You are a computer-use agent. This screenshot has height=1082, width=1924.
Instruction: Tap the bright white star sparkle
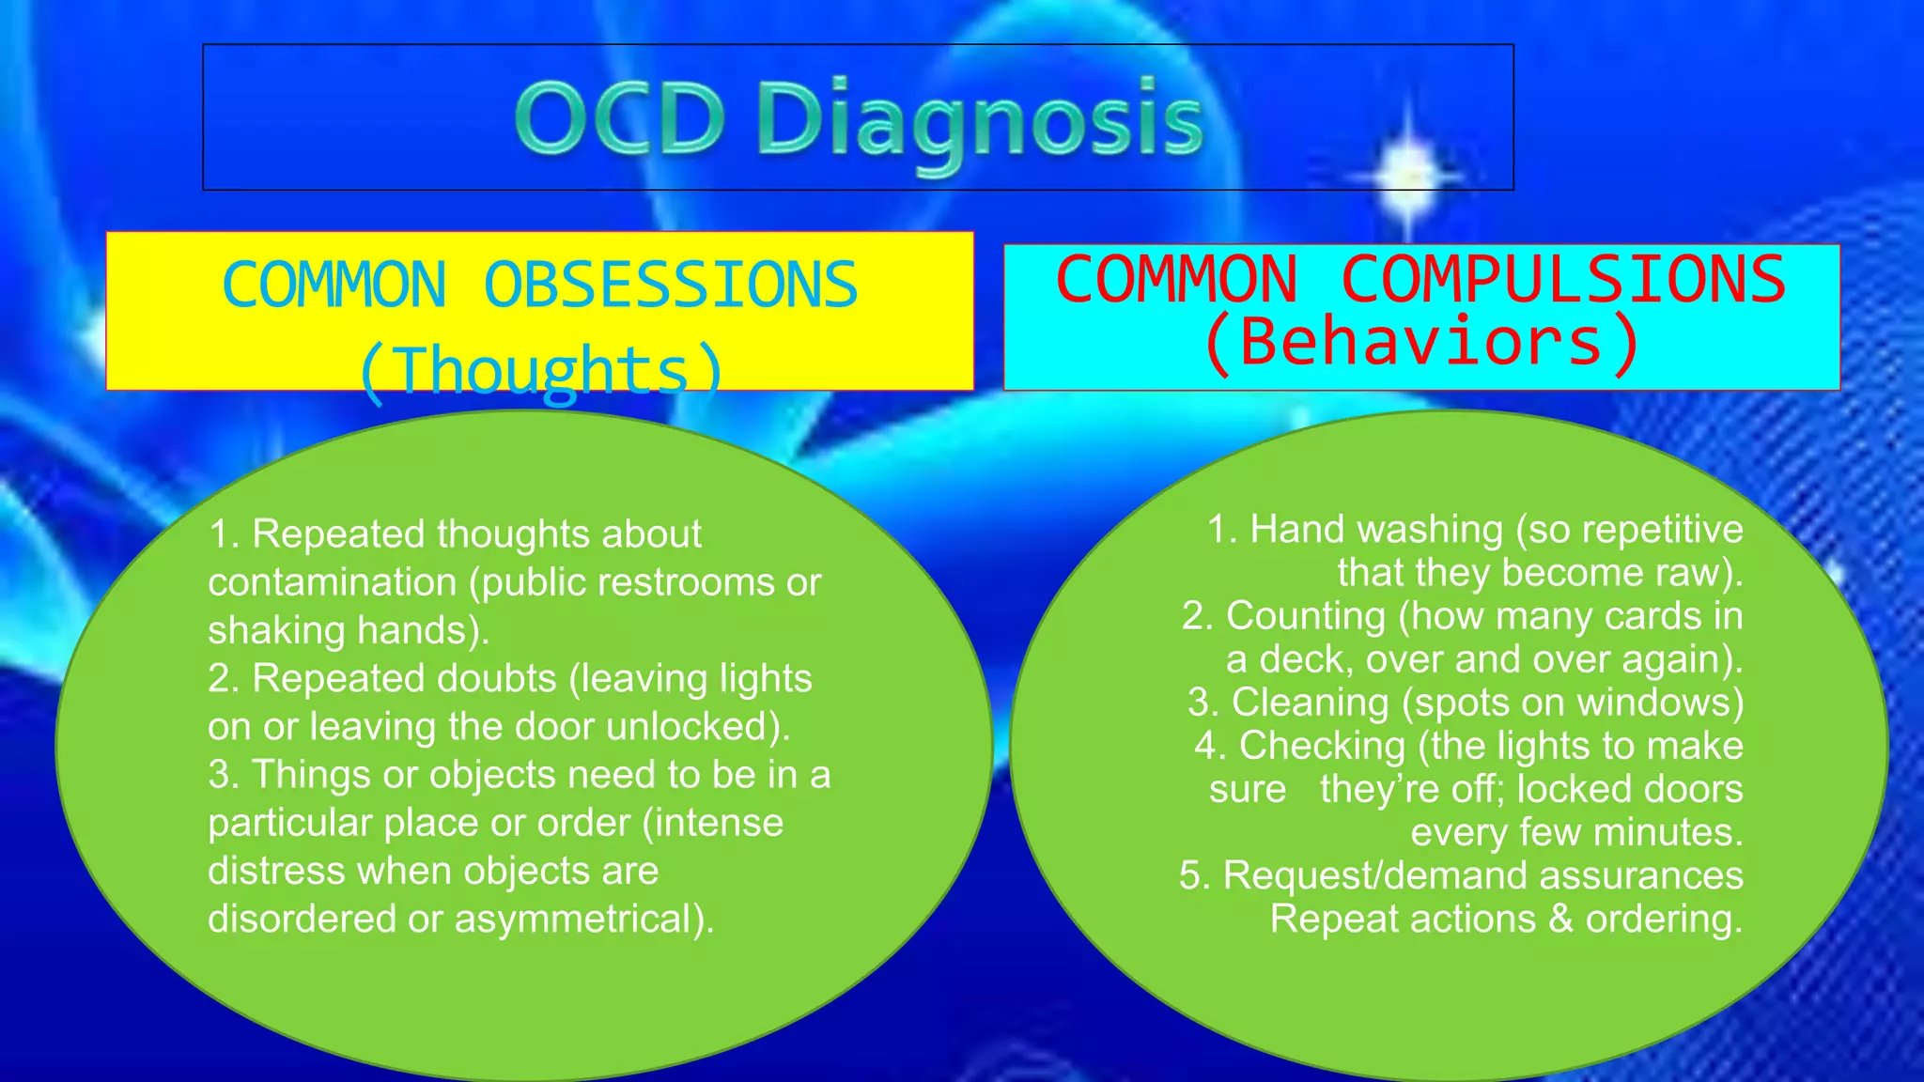pos(1406,175)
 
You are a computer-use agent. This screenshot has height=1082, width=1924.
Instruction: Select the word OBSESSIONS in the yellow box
pos(670,286)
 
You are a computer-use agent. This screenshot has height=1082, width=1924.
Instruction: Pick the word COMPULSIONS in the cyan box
pos(1562,280)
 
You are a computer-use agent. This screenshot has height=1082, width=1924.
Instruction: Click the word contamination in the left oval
pos(332,582)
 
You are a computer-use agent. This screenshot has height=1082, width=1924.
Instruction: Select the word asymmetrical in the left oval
pos(579,919)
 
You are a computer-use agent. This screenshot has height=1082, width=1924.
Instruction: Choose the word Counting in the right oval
pos(1306,616)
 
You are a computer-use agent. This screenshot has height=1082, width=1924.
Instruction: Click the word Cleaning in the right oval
pos(1310,703)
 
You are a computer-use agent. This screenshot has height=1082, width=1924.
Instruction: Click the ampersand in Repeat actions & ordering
pos(1560,919)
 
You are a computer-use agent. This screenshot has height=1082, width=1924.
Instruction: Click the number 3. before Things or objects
pos(224,776)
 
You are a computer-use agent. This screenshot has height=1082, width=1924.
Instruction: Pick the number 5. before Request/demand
pos(1194,875)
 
